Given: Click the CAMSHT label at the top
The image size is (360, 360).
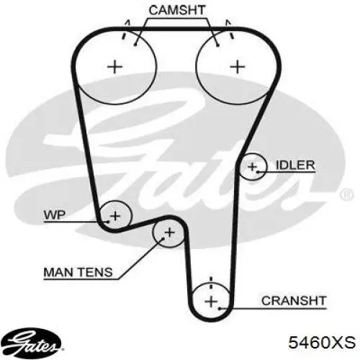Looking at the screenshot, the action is (x=177, y=10).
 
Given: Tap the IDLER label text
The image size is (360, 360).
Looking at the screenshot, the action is (x=295, y=165).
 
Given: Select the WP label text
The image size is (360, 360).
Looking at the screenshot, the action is (x=55, y=215).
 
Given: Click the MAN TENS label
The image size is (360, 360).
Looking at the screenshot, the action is (x=78, y=272).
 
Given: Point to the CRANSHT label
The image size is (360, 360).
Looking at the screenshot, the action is (x=294, y=301).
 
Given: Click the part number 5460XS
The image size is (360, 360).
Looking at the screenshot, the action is (x=322, y=342).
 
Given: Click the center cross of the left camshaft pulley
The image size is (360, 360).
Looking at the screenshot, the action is (x=114, y=66).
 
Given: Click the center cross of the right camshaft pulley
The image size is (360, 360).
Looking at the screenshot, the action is (x=238, y=66).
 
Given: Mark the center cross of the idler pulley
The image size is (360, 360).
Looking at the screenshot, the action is (x=252, y=166).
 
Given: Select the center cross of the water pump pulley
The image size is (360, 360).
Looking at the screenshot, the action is (x=115, y=216).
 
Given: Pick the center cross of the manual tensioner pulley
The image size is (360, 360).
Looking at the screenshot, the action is (x=170, y=233).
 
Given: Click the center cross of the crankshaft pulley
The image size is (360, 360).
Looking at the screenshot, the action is (x=211, y=301).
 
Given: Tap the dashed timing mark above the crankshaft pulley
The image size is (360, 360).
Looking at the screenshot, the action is (x=211, y=283).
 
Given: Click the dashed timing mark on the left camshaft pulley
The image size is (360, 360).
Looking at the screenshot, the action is (x=125, y=30).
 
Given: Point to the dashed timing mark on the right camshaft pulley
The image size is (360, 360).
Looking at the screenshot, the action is (x=230, y=30).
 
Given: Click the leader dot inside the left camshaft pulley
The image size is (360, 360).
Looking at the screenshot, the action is (x=135, y=45).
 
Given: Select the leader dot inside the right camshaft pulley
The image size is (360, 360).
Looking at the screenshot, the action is (x=217, y=45).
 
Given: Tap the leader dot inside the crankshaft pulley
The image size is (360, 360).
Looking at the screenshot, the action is (x=220, y=308).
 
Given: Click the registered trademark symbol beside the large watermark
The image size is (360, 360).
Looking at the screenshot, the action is (x=347, y=195).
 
